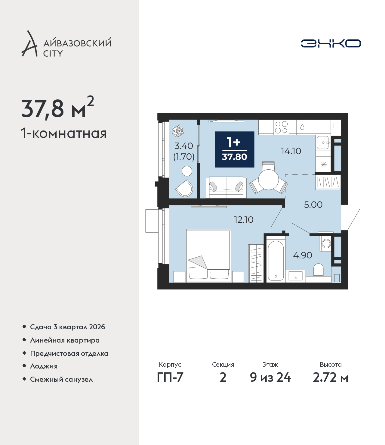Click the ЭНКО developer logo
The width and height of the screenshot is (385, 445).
[331, 43]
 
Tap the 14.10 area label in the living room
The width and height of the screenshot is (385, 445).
[291, 151]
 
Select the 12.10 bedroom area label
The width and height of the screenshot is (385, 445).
[244, 220]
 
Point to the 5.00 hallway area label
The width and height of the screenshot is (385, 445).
[313, 205]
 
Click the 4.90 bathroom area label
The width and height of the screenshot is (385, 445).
[303, 255]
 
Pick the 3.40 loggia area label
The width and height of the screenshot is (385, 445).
[183, 146]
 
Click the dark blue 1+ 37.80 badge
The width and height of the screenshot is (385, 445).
[235, 149]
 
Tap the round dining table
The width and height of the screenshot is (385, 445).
[269, 180]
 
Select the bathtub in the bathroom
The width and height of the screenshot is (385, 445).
[276, 261]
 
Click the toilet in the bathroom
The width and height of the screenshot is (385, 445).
[318, 270]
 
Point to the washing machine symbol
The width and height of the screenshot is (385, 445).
[326, 243]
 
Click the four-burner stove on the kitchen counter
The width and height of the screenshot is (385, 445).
[282, 127]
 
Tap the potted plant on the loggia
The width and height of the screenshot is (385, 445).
[178, 131]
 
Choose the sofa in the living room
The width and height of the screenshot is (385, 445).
[226, 187]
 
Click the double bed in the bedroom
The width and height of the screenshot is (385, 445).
[209, 255]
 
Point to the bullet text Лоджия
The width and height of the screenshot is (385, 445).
[44, 366]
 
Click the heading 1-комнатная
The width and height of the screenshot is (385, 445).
[64, 133]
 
